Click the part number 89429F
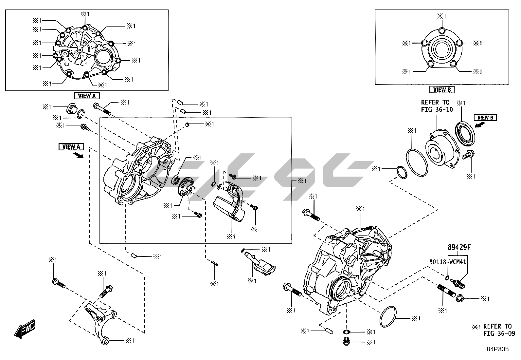click(459, 247)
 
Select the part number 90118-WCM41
click(448, 262)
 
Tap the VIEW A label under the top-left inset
click(87, 96)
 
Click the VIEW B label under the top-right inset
click(442, 89)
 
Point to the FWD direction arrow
click(25, 330)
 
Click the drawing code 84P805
click(497, 349)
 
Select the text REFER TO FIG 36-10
click(437, 106)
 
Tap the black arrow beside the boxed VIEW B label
click(479, 125)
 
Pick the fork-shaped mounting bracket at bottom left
click(98, 323)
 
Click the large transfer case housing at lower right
click(347, 269)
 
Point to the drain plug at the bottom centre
click(346, 342)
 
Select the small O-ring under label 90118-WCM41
click(447, 278)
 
